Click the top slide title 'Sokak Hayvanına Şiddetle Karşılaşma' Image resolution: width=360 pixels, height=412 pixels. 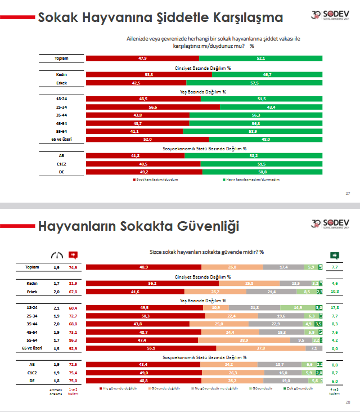click(x=160, y=17)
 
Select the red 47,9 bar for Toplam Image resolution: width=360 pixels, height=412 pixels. click(x=142, y=58)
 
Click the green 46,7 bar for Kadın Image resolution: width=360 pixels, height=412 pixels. click(x=267, y=74)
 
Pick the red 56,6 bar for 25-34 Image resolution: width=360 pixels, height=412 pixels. click(x=152, y=107)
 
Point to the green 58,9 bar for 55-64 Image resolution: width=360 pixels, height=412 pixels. click(x=253, y=131)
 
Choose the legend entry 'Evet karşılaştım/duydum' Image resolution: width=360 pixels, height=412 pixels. click(x=147, y=180)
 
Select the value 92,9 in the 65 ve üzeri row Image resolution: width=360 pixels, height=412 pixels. click(x=73, y=349)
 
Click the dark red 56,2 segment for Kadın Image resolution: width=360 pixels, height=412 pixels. click(x=152, y=284)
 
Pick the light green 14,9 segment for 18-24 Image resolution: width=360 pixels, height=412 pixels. click(x=298, y=308)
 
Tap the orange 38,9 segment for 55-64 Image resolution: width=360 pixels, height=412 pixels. click(x=244, y=341)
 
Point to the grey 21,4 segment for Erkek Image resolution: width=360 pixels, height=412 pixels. click(x=272, y=292)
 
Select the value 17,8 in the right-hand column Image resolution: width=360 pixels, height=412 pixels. click(x=335, y=308)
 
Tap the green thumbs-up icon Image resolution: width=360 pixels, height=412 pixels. click(x=334, y=254)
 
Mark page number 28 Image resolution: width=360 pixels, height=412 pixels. click(x=348, y=402)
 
